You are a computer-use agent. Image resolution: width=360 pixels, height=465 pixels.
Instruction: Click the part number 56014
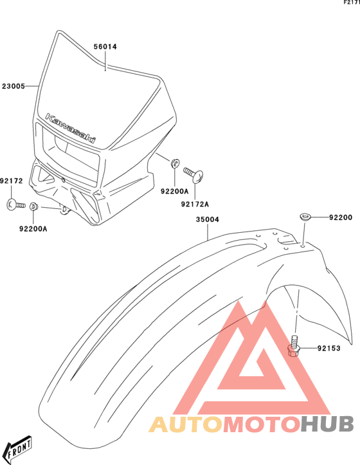pos(105,46)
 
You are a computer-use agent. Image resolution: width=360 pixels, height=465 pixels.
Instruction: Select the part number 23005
pos(14,86)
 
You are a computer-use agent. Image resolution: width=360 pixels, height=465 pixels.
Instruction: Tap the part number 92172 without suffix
pos(12,181)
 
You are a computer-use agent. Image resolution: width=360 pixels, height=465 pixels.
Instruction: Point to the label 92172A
pos(195,204)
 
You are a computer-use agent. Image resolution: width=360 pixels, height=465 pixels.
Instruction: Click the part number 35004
pos(207,219)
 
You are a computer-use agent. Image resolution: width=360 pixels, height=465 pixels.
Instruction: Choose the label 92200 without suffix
pos(341,217)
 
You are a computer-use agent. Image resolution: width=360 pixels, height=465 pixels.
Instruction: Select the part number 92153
pos(329,348)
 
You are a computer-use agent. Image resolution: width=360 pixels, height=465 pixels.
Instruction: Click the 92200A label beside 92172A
pos(174,191)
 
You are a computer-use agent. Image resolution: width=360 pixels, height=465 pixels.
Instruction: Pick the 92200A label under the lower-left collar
pos(33,229)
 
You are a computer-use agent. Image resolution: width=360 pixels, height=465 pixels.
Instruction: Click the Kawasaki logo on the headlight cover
pos(71,128)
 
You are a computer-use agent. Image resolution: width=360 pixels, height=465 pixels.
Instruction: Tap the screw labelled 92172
pos(15,205)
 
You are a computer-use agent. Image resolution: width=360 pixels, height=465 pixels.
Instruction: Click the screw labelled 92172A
pos(193,176)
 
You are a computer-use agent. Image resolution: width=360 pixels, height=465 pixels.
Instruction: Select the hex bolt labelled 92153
pos(294,346)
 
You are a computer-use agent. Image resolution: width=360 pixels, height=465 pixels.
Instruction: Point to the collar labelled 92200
pos(305,217)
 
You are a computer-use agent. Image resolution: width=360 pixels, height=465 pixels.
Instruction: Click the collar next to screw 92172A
pos(175,163)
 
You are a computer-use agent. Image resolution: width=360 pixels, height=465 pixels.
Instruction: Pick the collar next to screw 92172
pos(33,206)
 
